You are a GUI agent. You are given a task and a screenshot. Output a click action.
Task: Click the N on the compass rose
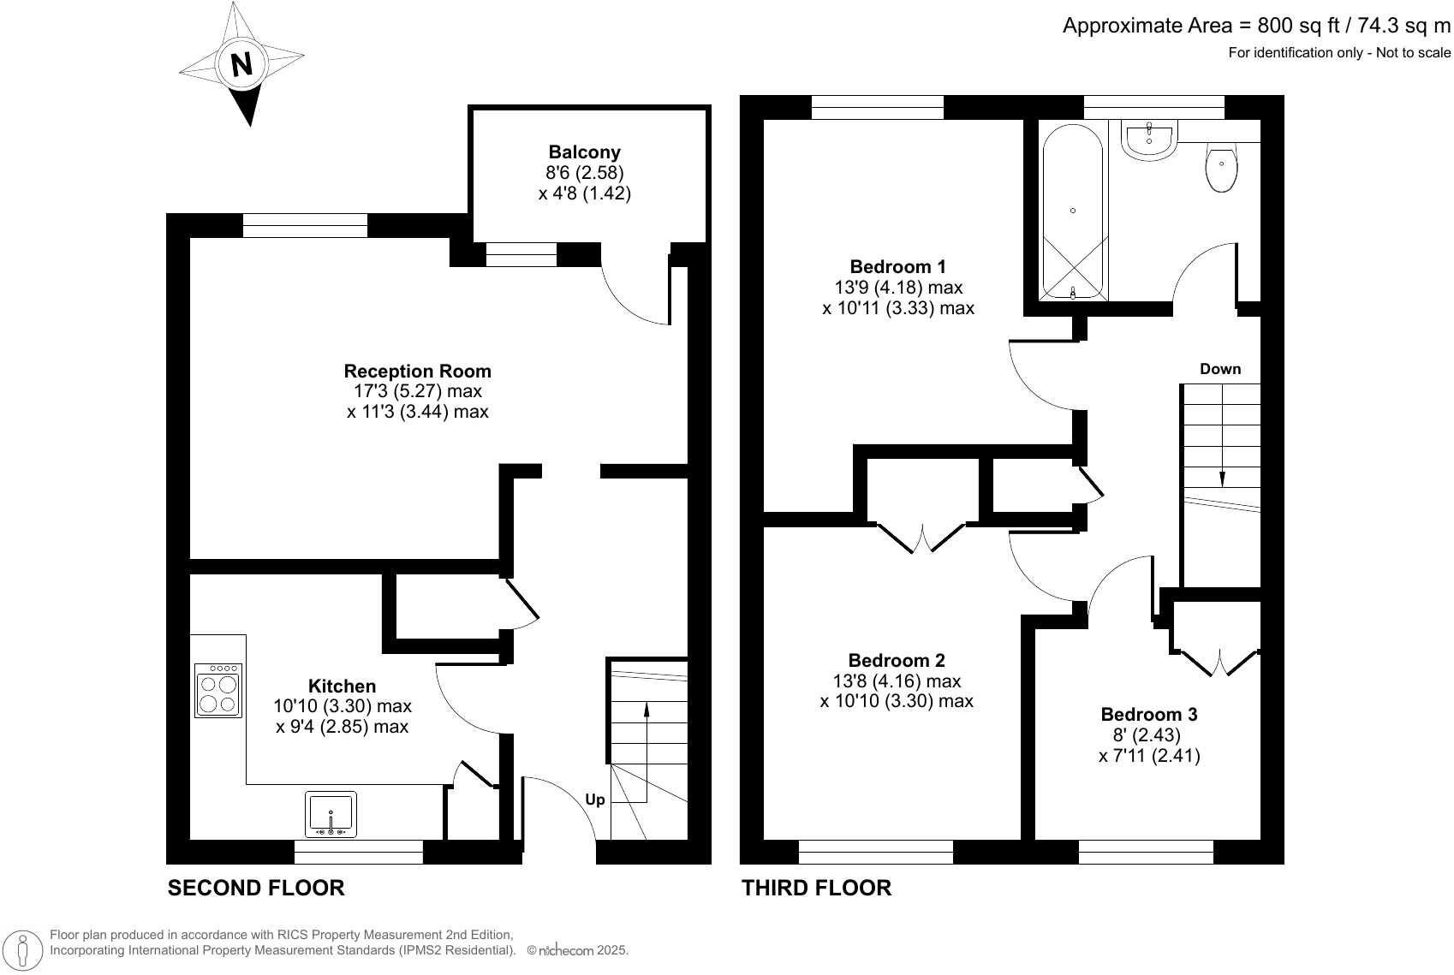[242, 64]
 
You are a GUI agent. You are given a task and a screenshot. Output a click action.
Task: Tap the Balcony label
[584, 152]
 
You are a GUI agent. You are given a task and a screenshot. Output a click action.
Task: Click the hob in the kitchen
[218, 690]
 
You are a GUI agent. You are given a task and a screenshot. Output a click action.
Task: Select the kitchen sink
[331, 814]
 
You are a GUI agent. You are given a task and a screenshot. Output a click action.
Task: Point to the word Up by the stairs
[594, 800]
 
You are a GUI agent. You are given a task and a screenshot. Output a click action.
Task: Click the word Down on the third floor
[1219, 369]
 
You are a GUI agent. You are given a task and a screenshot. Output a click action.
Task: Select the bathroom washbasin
[1150, 139]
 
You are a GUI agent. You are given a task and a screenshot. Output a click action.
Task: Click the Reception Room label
[417, 371]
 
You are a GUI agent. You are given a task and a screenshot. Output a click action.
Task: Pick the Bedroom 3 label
[1148, 714]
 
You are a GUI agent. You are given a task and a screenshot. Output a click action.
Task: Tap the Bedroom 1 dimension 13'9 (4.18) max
[897, 287]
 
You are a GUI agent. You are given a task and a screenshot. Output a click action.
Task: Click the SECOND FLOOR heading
[255, 888]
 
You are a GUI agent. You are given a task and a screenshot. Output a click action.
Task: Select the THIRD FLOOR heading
[816, 888]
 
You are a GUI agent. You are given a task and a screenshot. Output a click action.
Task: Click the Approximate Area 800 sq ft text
[1256, 27]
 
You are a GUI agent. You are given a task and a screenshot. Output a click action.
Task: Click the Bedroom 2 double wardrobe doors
[922, 538]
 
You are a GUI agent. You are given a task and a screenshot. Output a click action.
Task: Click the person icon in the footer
[23, 949]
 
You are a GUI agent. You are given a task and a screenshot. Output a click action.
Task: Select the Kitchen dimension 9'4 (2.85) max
[342, 727]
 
